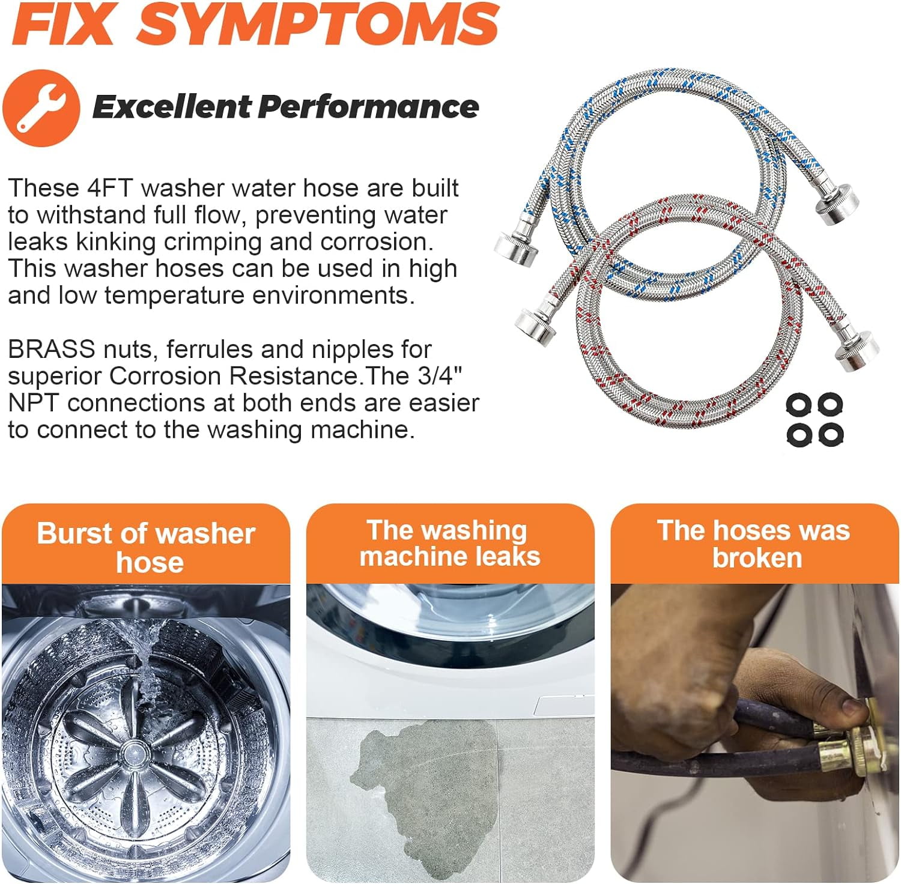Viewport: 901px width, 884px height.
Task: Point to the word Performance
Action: point(368,107)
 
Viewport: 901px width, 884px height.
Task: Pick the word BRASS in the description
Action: point(52,349)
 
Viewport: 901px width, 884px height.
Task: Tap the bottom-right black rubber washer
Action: point(830,434)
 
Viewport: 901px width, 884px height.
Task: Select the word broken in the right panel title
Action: point(757,558)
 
